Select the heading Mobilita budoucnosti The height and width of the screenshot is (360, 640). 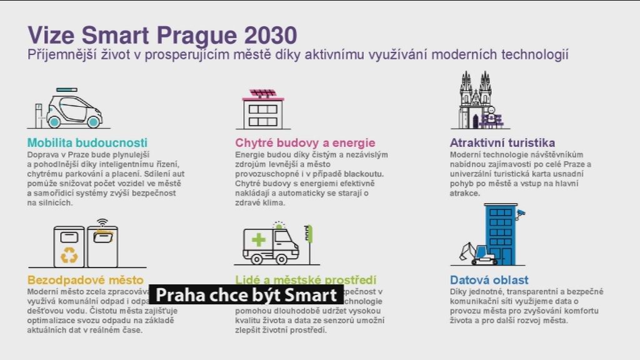pyautogui.click(x=87, y=142)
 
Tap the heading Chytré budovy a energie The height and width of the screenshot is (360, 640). pyautogui.click(x=305, y=142)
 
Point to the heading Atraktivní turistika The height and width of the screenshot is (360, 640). pyautogui.click(x=502, y=142)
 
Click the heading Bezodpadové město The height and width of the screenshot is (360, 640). pyautogui.click(x=86, y=280)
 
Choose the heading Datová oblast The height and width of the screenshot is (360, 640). pyautogui.click(x=489, y=280)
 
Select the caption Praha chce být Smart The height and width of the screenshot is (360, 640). pyautogui.click(x=246, y=295)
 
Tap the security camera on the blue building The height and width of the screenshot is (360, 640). pyautogui.click(x=520, y=214)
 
